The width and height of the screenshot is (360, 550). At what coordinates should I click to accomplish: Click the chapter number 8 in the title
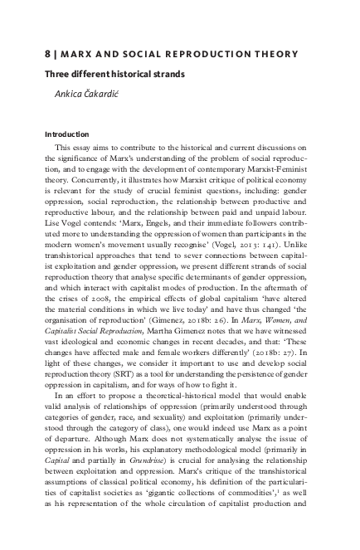[47, 54]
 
